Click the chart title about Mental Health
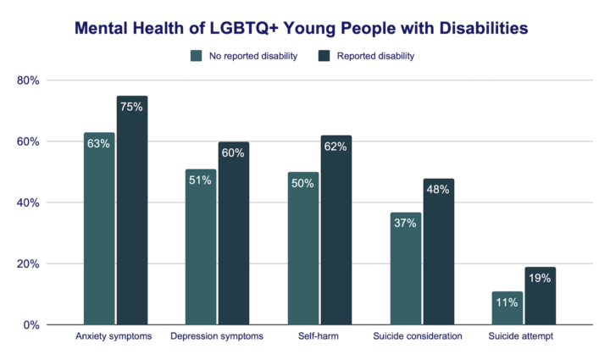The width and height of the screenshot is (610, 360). click(301, 28)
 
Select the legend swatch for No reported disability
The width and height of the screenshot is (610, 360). click(197, 56)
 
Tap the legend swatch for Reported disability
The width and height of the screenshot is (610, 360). click(324, 56)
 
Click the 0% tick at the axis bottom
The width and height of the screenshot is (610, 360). click(32, 324)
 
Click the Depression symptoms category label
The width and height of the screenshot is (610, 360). click(218, 336)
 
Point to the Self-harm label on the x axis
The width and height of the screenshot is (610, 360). click(319, 336)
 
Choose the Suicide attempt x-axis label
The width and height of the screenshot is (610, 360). click(524, 336)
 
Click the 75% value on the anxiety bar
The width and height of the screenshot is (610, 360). click(132, 107)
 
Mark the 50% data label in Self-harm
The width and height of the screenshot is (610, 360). click(303, 183)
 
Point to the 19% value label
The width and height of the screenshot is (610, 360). click(540, 278)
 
